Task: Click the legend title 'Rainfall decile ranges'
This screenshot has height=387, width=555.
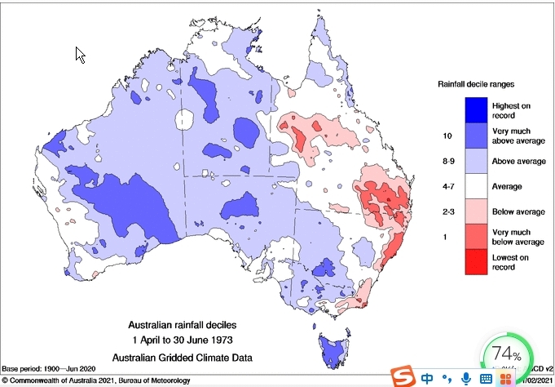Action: pyautogui.click(x=477, y=84)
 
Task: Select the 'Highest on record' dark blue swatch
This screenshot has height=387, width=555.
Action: pyautogui.click(x=477, y=109)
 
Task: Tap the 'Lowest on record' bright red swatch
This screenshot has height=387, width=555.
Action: pyautogui.click(x=477, y=261)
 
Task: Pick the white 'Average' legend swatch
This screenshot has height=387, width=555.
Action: pyautogui.click(x=477, y=185)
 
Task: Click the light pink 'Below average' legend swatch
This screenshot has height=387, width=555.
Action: pyautogui.click(x=477, y=211)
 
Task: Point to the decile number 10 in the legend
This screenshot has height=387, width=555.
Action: pyautogui.click(x=447, y=135)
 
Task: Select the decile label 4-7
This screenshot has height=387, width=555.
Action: pyautogui.click(x=447, y=186)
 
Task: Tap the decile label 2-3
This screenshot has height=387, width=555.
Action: pyautogui.click(x=447, y=211)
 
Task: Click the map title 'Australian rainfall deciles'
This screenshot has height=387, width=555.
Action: pyautogui.click(x=187, y=323)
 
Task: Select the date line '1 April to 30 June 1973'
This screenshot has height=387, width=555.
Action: pyautogui.click(x=187, y=340)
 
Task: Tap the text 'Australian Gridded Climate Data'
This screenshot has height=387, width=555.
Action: pyautogui.click(x=187, y=357)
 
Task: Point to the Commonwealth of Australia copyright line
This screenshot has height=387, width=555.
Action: pyautogui.click(x=98, y=380)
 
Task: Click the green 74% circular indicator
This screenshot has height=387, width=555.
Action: pyautogui.click(x=506, y=354)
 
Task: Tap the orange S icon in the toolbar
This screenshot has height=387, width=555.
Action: pyautogui.click(x=401, y=377)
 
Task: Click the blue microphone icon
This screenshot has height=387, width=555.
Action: pyautogui.click(x=465, y=378)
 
